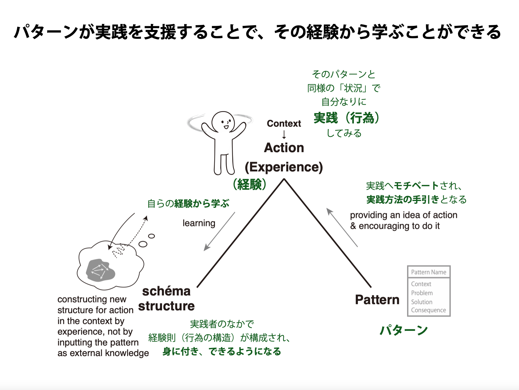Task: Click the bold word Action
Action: [284, 148]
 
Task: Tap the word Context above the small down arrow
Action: [284, 124]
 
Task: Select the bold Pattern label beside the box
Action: [377, 300]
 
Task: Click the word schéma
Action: [166, 291]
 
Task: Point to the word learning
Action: [199, 223]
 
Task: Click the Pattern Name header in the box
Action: [429, 272]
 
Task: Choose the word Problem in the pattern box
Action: [422, 293]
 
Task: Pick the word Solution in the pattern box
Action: [421, 302]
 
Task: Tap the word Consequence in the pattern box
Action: [428, 310]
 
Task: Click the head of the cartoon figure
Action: [223, 122]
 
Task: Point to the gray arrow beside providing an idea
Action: [342, 227]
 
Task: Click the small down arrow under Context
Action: [284, 135]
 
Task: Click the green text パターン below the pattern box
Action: [403, 330]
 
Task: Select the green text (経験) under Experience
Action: [249, 185]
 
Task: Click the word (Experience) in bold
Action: [284, 167]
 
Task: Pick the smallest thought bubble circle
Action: [151, 236]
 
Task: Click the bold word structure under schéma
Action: [166, 306]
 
